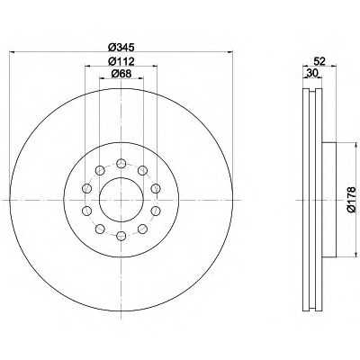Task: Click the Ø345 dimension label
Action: tap(121, 47)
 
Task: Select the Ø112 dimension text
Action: tap(121, 61)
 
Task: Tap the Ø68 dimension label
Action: tap(121, 74)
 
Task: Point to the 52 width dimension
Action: tap(319, 61)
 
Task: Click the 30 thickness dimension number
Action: tap(311, 73)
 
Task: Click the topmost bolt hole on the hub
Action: tap(121, 164)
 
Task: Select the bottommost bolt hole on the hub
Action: tap(121, 236)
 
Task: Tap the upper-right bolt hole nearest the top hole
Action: tap(142, 171)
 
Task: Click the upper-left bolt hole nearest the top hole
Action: tap(100, 171)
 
